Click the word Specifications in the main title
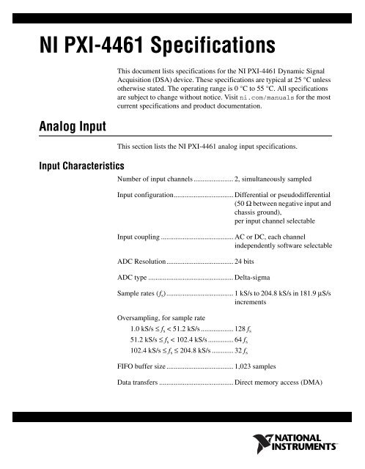[x=211, y=48]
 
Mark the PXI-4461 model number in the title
[x=96, y=48]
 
